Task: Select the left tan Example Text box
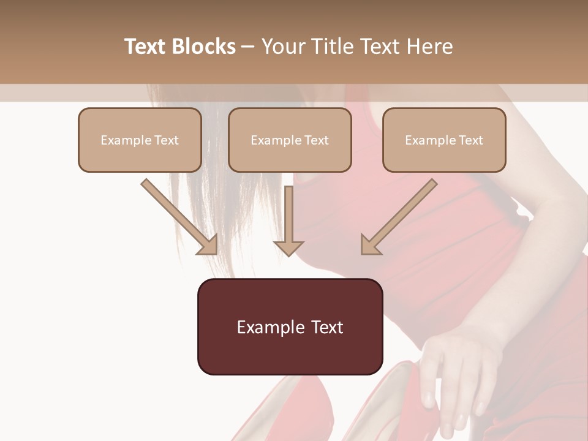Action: point(140,140)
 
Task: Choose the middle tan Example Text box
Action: point(290,140)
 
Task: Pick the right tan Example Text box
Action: point(444,140)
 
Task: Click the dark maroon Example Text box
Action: point(290,326)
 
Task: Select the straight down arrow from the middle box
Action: point(288,217)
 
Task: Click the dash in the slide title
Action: point(248,47)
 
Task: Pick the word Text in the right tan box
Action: point(470,140)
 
